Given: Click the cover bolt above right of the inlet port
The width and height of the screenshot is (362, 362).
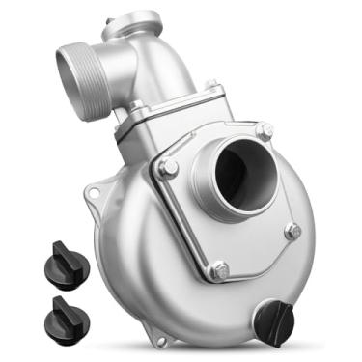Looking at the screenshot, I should (263, 130).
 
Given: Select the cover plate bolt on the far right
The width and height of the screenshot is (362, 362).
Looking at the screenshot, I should (292, 231).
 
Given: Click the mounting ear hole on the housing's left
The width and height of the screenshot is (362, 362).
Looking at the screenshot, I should (95, 195).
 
